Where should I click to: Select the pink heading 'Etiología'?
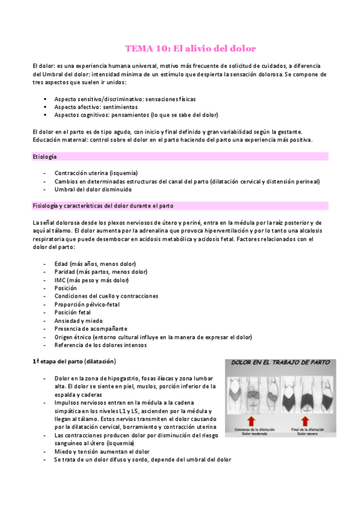[x=44, y=156]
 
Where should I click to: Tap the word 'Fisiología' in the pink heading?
[x=46, y=206]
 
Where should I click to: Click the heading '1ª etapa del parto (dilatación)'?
[x=74, y=361]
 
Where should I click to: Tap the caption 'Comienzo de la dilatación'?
[x=251, y=428]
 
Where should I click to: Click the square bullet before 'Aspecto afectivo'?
[x=45, y=106]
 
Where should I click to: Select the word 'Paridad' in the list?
[x=64, y=272]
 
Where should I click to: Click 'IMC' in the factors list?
[x=59, y=280]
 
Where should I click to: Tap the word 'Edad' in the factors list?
[x=60, y=263]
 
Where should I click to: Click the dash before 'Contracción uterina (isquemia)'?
[x=46, y=173]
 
